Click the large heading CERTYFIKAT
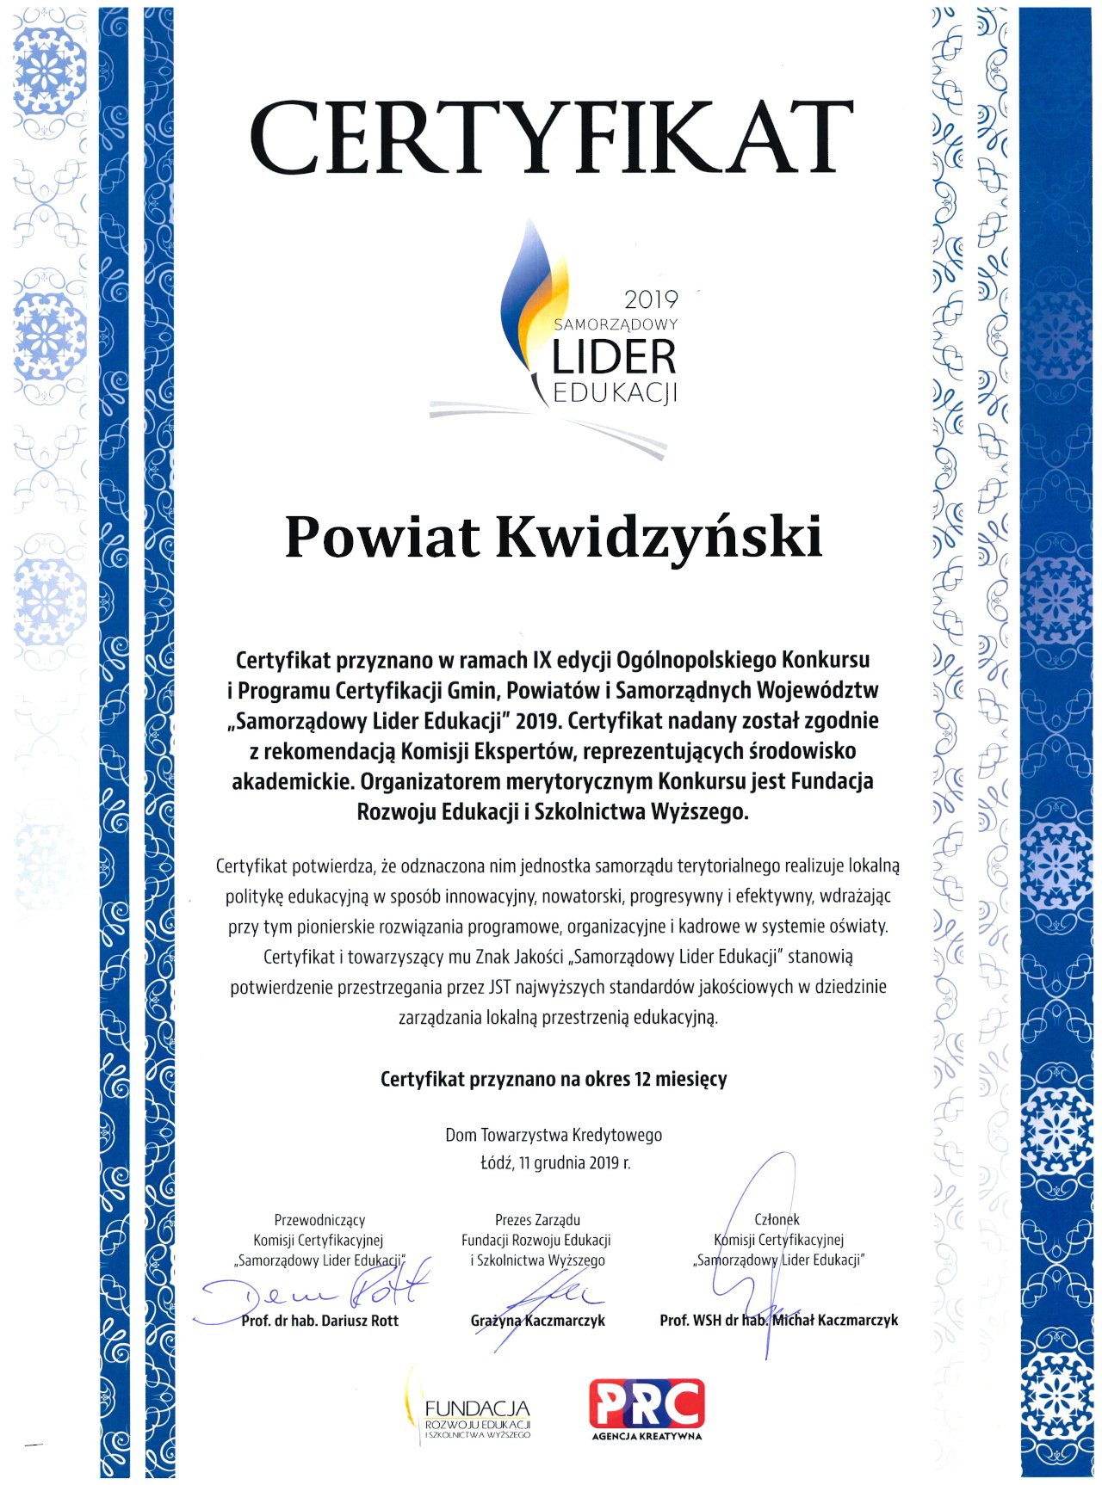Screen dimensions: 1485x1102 pos(551,138)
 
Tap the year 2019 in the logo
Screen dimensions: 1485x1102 pos(651,299)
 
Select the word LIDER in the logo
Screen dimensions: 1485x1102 pos(613,356)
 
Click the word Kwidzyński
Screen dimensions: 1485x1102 pos(659,539)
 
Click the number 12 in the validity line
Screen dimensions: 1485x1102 pos(642,1079)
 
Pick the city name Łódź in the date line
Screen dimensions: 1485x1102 pos(495,1163)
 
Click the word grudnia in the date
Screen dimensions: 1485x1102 pos(560,1163)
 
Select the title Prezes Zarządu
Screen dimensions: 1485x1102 pos(537,1220)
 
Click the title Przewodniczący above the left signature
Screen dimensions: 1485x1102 pos(319,1220)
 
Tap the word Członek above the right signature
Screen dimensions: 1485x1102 pos(777,1219)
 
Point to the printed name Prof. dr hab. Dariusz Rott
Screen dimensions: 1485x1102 pos(319,1321)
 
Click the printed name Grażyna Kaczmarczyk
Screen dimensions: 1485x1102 pos(537,1321)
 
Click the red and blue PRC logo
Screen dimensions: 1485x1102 pos(646,1404)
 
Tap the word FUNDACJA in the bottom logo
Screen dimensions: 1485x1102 pos(477,1408)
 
